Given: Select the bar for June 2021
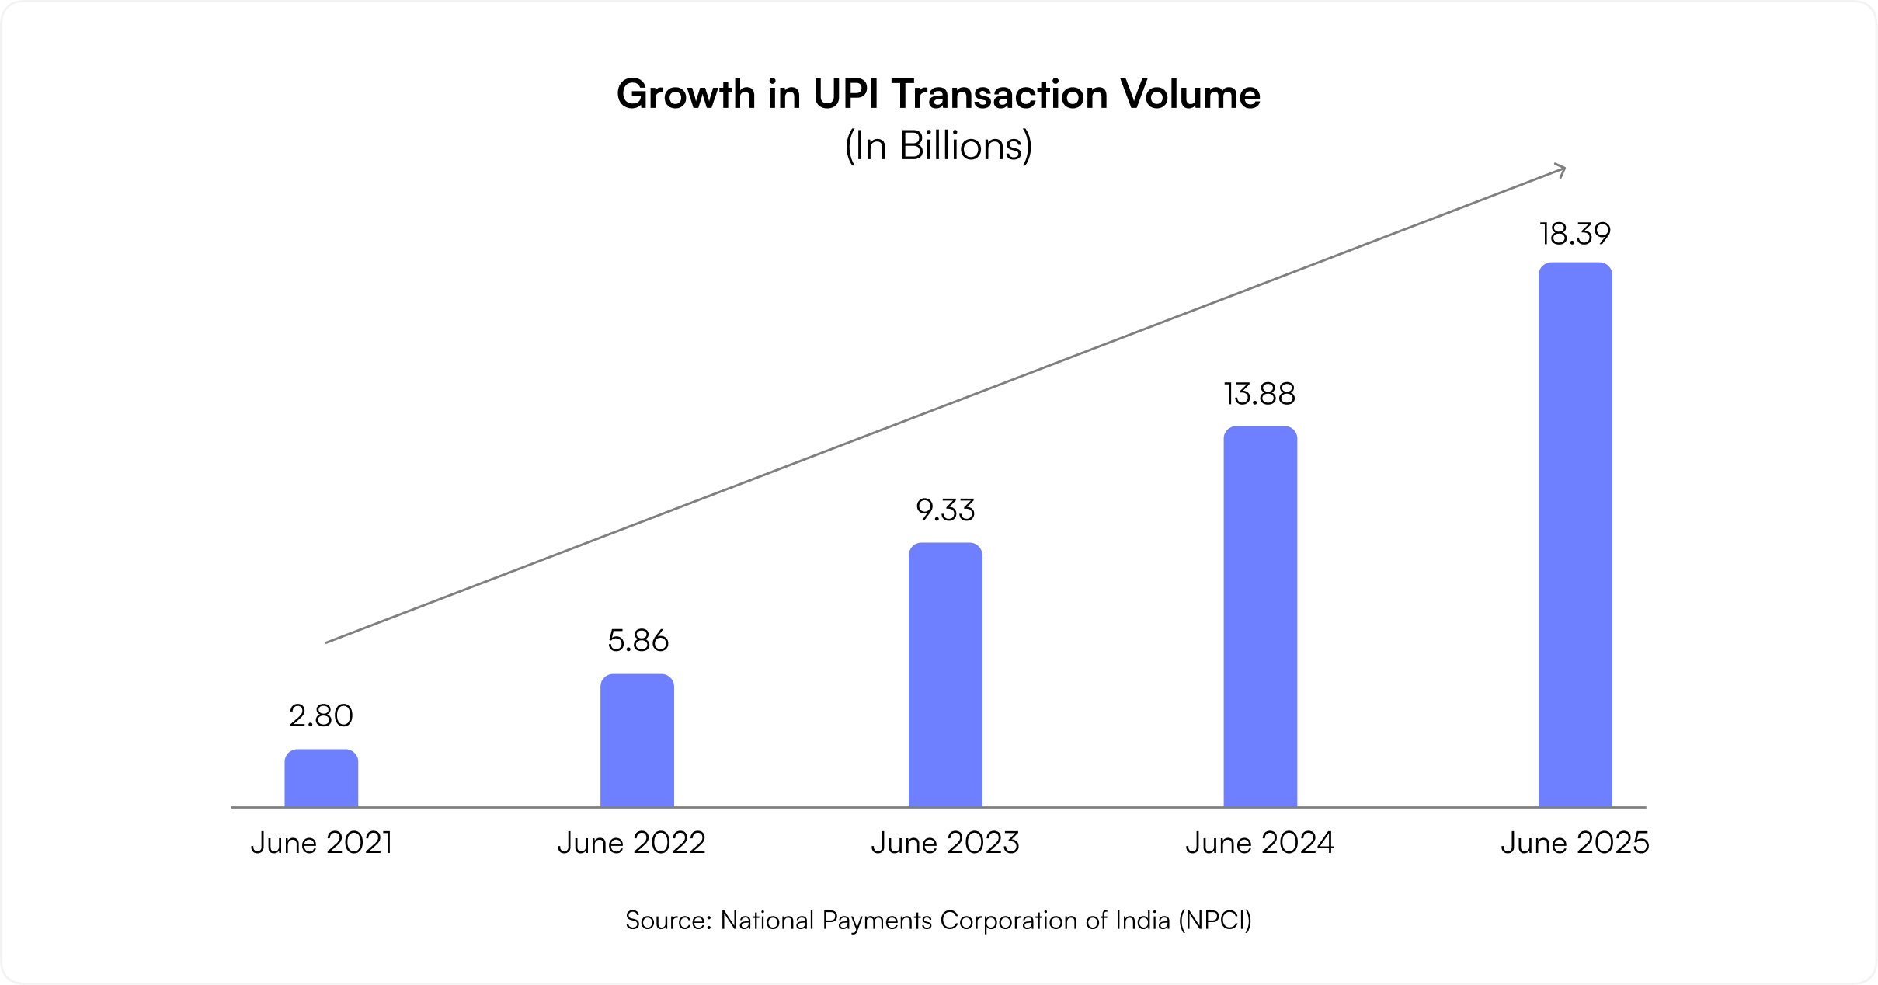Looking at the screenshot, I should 321,778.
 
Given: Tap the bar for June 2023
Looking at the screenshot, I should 945,675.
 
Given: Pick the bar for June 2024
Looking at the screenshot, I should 1260,617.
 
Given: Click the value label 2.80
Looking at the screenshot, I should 321,716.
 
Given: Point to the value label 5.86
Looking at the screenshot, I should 638,641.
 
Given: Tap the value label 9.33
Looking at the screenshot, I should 945,510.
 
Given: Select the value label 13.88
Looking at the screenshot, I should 1260,395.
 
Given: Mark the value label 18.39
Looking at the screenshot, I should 1575,234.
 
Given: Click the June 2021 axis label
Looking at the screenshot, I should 321,844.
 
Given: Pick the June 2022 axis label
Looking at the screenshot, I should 631,844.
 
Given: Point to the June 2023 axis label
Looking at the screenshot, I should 944,844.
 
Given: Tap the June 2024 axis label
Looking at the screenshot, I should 1259,844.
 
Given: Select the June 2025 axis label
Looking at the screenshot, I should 1574,844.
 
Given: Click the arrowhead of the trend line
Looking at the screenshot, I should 1560,170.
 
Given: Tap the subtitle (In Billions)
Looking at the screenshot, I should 938,146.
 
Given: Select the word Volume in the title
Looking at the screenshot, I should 1190,95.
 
